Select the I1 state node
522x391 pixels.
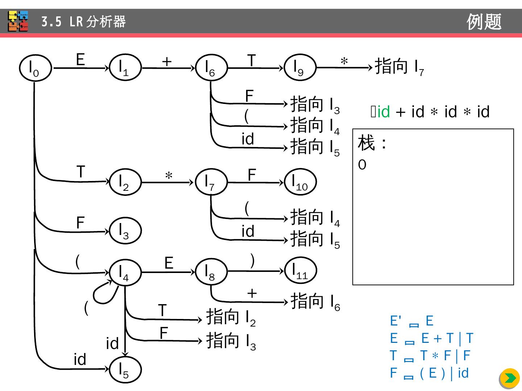(125, 68)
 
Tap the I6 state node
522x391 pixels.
(211, 68)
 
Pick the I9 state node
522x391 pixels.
(300, 68)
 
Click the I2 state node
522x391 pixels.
(125, 182)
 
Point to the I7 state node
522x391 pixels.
(211, 182)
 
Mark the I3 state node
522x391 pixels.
(125, 231)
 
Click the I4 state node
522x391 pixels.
(125, 273)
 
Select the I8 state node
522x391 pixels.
(211, 272)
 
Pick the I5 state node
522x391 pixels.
(125, 370)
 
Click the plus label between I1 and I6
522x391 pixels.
(167, 62)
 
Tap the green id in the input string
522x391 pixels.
(384, 112)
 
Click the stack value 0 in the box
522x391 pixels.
(362, 165)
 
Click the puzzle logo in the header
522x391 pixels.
(18, 21)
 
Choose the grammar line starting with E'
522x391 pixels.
(411, 321)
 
